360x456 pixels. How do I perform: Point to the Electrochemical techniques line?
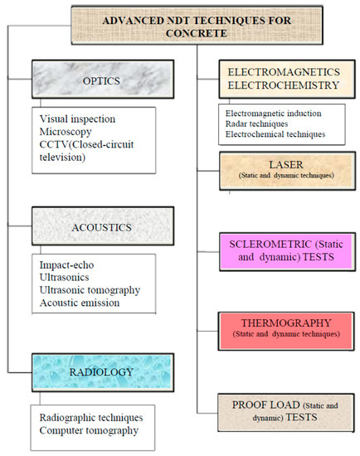click(273, 134)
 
